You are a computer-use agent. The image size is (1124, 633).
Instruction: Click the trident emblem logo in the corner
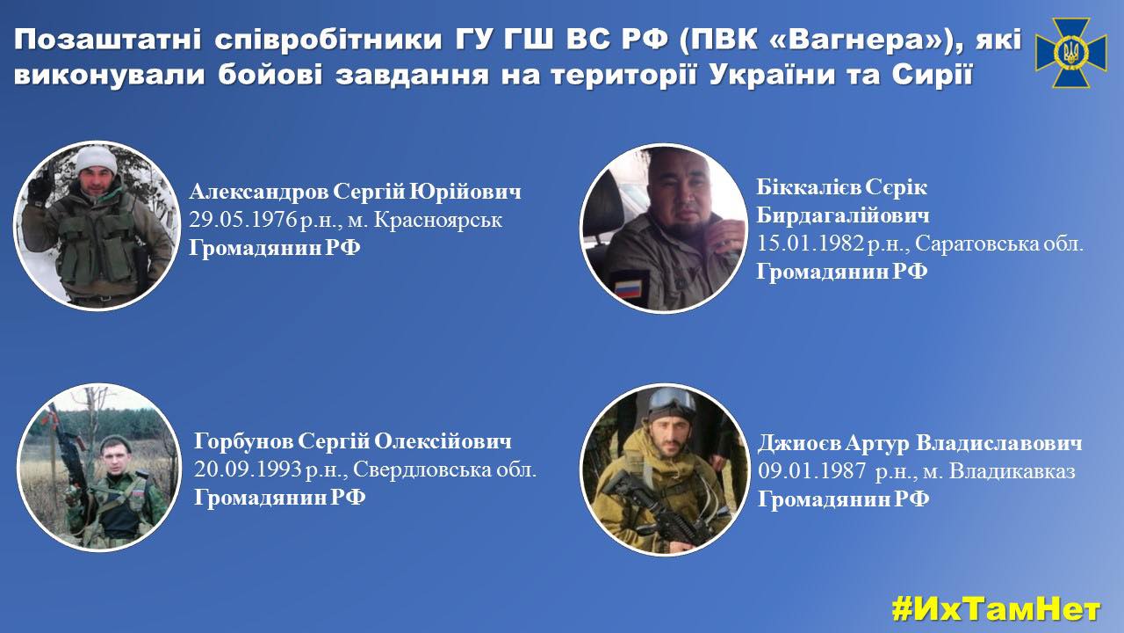[1070, 53]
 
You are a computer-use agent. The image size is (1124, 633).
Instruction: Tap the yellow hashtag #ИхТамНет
[996, 609]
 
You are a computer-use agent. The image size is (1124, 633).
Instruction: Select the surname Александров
[259, 192]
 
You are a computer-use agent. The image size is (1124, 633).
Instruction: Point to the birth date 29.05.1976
[243, 220]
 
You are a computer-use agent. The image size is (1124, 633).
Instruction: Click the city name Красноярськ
[438, 221]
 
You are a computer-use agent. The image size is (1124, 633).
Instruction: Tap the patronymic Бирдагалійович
[843, 215]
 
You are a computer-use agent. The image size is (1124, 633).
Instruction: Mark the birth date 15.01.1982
[810, 244]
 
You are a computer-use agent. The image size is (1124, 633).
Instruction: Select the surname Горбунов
[243, 442]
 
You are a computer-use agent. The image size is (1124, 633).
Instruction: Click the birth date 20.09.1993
[248, 469]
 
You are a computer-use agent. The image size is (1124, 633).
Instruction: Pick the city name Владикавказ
[1012, 471]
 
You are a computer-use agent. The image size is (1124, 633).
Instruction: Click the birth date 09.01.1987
[811, 471]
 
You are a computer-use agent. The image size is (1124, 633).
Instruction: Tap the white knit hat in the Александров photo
[97, 159]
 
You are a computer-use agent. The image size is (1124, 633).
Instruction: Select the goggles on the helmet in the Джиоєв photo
[673, 401]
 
